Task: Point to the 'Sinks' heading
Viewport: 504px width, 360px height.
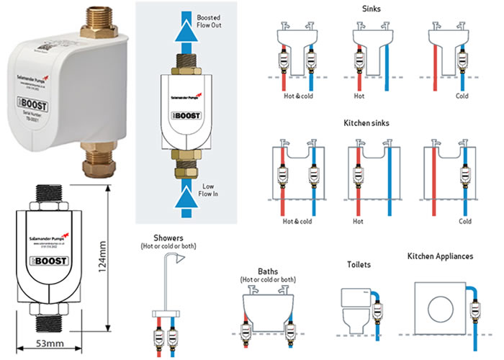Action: [372, 9]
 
